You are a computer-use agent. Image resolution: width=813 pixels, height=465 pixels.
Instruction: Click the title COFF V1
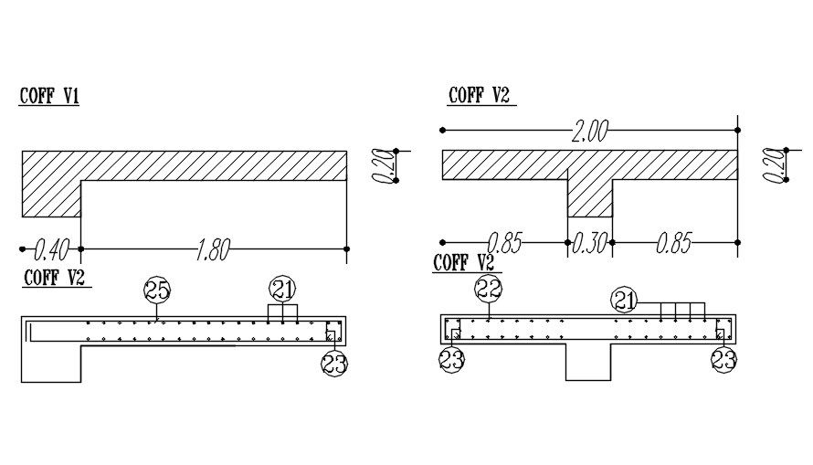coord(48,95)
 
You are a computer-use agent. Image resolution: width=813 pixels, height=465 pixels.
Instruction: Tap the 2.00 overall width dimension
coord(589,132)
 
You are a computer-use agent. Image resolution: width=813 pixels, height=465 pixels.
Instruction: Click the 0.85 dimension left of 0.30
coord(504,243)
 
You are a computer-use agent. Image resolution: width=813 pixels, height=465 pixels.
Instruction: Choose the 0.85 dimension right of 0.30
coord(673,243)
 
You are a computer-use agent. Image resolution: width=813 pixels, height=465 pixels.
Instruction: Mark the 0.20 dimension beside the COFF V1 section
coord(385,165)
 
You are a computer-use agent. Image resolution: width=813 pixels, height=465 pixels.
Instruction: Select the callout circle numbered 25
coord(157,291)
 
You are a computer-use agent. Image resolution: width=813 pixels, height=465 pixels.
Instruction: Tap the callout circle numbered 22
coord(489,290)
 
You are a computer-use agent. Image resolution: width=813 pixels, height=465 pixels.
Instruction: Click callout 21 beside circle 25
coord(283,291)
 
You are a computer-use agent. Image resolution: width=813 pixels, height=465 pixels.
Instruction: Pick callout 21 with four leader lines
coord(624,300)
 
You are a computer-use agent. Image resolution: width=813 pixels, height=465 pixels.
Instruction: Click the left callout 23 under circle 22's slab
coord(451,360)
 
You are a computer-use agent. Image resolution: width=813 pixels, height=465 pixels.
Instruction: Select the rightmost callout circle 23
coord(723,360)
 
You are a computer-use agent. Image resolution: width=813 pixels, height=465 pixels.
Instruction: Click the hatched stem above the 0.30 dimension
coord(589,196)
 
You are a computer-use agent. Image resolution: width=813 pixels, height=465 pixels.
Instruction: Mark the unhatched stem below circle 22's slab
coord(589,362)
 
